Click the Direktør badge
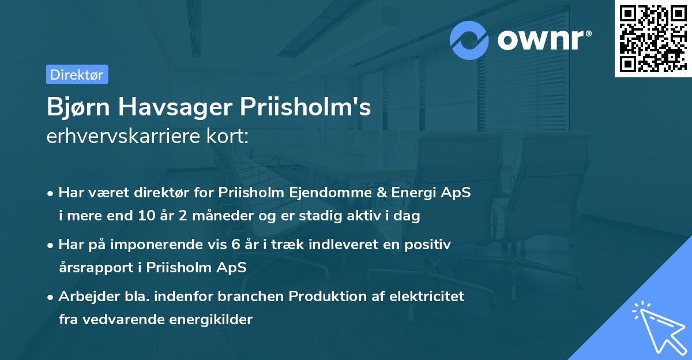pyautogui.click(x=77, y=74)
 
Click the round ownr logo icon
pyautogui.click(x=470, y=40)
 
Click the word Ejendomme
pyautogui.click(x=333, y=193)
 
